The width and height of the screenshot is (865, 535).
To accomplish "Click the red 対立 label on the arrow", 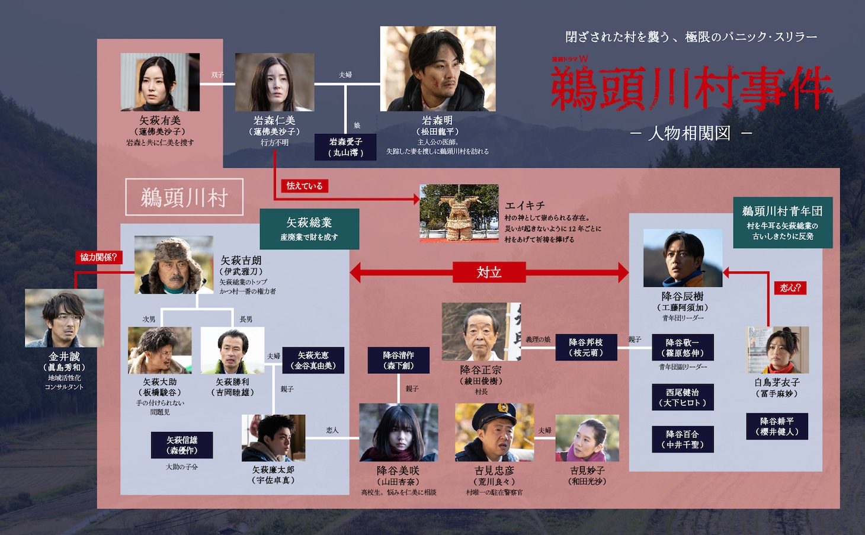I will (x=489, y=273).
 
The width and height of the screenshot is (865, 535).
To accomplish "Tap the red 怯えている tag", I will (x=304, y=186).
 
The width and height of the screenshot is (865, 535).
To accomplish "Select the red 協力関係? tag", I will (x=98, y=257).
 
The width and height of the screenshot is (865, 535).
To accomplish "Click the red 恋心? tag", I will (x=790, y=288).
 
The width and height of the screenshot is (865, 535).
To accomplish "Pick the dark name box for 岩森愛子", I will (x=346, y=147).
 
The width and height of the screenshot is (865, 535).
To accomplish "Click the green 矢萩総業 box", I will (x=309, y=228).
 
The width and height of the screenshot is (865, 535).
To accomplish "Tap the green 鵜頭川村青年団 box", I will (x=783, y=222).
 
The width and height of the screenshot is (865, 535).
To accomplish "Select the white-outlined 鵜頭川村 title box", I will (x=184, y=197).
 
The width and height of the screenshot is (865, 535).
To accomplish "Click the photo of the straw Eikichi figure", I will (x=459, y=213).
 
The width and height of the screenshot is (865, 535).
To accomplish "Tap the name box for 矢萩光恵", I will (x=313, y=360).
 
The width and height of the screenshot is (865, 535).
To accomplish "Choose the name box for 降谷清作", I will (x=398, y=360).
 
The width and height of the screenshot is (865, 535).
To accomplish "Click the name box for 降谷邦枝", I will (x=586, y=347).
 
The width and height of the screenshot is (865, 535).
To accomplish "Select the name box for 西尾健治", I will (x=683, y=397).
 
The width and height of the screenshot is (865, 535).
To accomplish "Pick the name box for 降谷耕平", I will (x=777, y=426).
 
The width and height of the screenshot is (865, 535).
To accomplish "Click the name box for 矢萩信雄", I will (x=182, y=445).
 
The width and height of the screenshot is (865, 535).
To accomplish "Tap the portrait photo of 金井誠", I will (x=65, y=318).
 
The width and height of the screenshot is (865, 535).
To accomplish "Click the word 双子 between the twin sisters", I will (x=217, y=75).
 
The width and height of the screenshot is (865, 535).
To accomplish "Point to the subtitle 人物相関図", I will (x=690, y=133).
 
